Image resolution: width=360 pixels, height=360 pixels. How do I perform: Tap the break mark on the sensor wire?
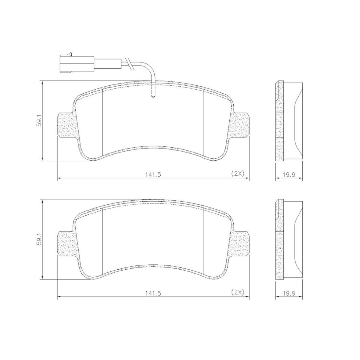click(129, 63)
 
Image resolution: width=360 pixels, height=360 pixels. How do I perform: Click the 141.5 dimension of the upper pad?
click(153, 174)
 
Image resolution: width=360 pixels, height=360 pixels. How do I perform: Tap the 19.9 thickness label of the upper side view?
click(289, 174)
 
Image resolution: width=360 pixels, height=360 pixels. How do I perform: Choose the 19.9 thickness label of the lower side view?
click(289, 293)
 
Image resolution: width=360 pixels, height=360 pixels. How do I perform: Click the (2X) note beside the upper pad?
click(237, 173)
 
